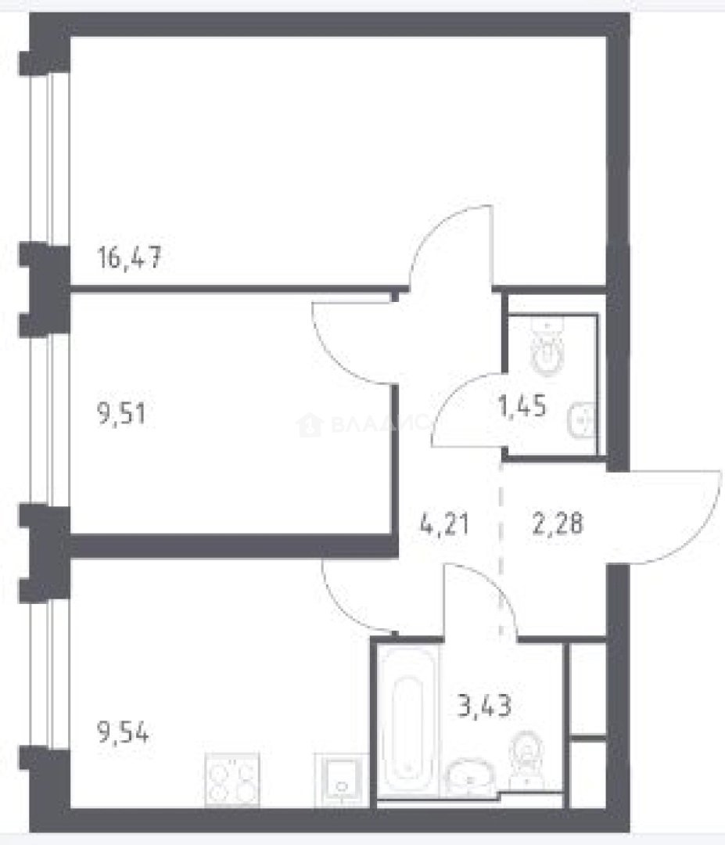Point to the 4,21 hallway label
tap(444, 522)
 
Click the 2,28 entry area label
tap(556, 522)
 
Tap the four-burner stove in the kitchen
tap(231, 778)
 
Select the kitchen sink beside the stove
tap(340, 778)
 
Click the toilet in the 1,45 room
tap(548, 349)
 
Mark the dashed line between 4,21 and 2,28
tap(501, 548)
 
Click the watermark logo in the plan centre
tap(310, 426)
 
